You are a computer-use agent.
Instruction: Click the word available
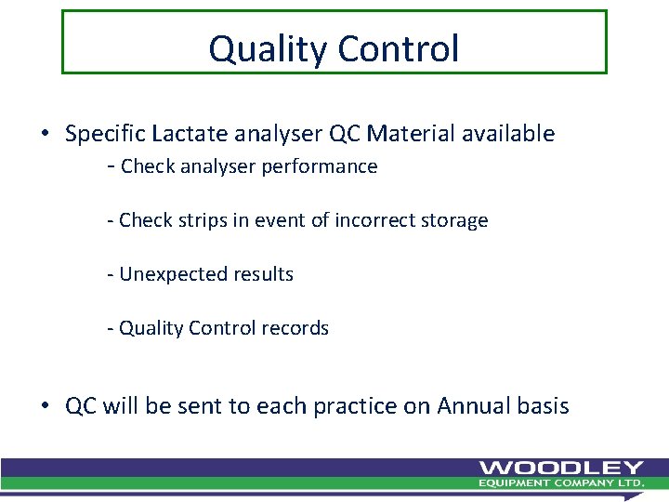(x=509, y=134)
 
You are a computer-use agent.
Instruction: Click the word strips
(x=203, y=220)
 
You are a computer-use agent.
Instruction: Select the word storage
(x=453, y=221)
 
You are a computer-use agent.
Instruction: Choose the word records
(x=297, y=328)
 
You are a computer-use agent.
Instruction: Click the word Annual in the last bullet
(x=469, y=406)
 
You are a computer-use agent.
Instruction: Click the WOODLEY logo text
(x=561, y=468)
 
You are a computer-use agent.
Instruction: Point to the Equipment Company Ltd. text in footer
(x=561, y=483)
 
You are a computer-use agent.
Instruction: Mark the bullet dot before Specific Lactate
(x=45, y=135)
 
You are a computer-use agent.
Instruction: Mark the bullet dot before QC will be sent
(x=45, y=407)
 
